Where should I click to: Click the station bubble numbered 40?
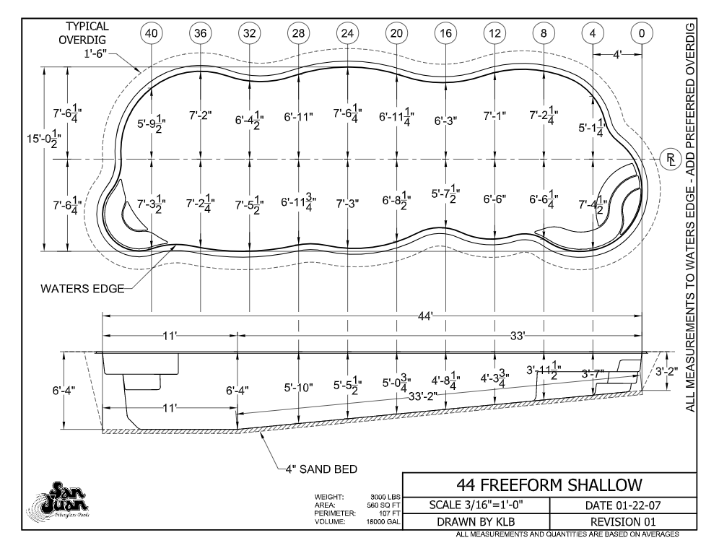click(151, 33)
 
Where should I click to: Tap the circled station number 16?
click(445, 33)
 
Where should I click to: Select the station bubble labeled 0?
click(642, 33)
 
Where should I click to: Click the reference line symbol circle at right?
click(671, 159)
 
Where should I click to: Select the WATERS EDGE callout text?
click(82, 289)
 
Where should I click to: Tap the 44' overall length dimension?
click(425, 316)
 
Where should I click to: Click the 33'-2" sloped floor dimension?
click(423, 396)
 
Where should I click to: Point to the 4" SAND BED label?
click(321, 469)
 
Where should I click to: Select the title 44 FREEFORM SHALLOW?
click(549, 485)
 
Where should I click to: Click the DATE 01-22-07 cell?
click(623, 505)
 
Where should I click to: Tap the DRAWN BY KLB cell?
click(476, 521)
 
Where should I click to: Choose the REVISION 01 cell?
click(623, 521)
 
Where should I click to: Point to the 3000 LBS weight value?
click(385, 497)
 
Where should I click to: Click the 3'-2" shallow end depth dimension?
click(666, 371)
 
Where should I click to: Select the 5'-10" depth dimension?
click(298, 388)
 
